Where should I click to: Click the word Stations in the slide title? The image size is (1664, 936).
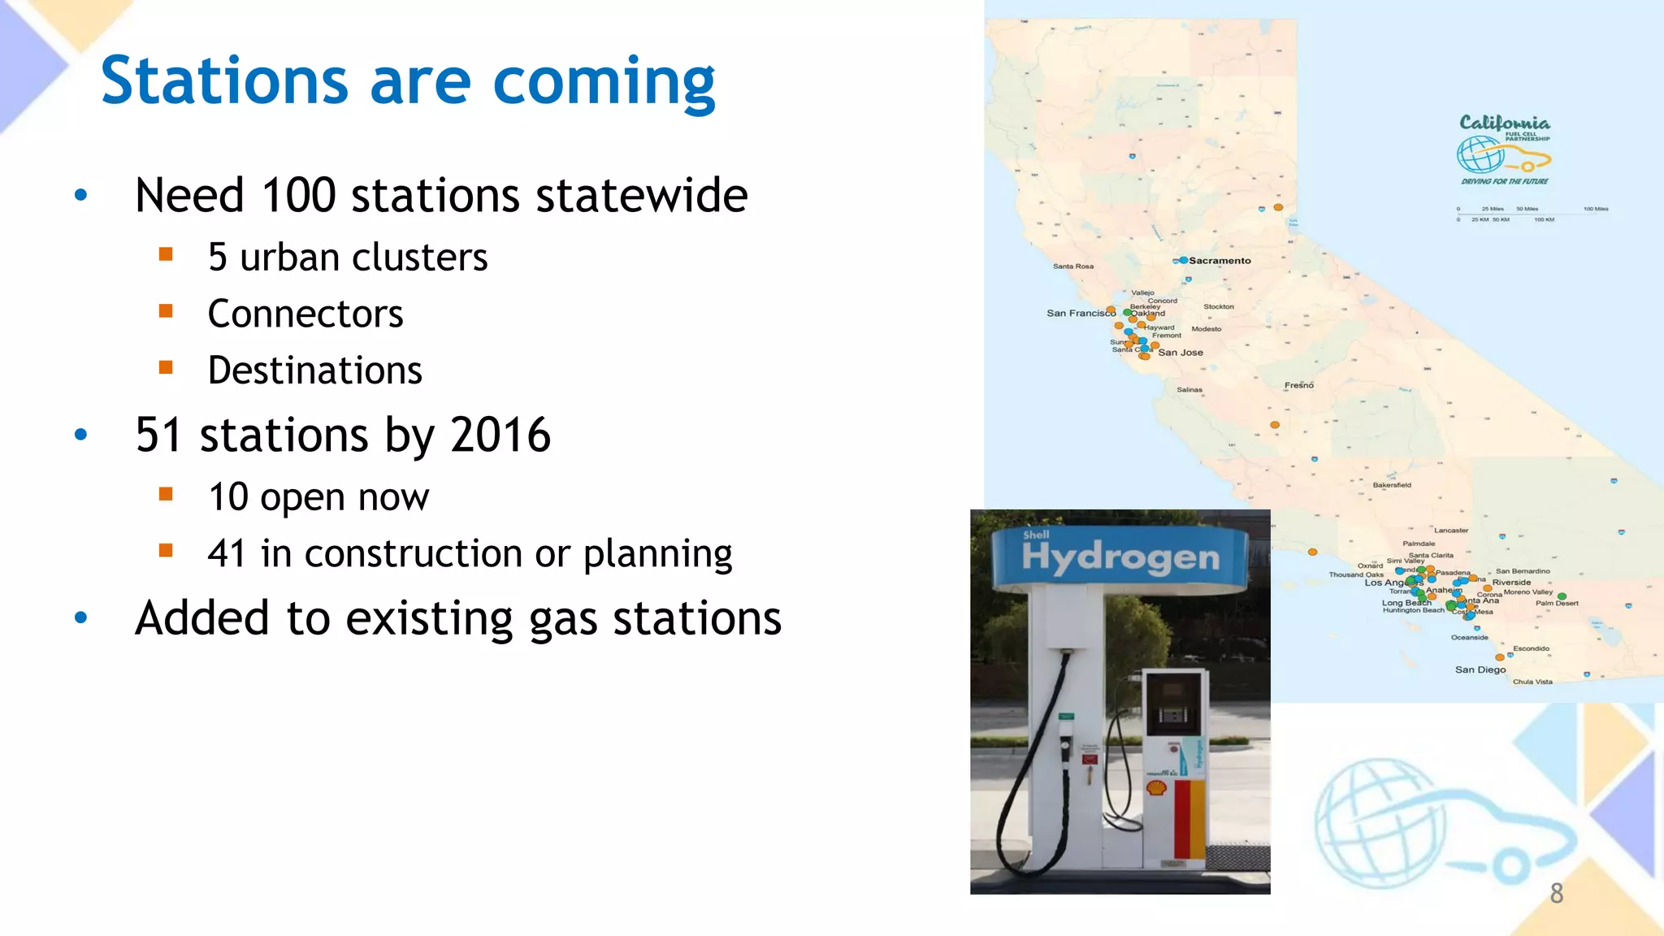tap(224, 81)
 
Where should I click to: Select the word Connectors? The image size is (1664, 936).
tap(305, 314)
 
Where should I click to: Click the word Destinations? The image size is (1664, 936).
tap(314, 371)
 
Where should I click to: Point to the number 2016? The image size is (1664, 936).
tap(500, 435)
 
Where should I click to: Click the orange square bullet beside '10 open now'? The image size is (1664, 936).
tap(167, 494)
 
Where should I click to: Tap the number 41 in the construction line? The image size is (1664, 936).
tap(226, 554)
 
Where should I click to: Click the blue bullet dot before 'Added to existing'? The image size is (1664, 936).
tap(80, 618)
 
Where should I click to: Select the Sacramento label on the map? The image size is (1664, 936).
tap(1219, 261)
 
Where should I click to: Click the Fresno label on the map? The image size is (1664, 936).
tap(1298, 385)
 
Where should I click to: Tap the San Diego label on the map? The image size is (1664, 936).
tap(1480, 670)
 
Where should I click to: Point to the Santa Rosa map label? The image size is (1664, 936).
tap(1072, 266)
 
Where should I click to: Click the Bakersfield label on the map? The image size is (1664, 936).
tap(1391, 485)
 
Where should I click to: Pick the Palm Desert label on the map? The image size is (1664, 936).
tap(1556, 603)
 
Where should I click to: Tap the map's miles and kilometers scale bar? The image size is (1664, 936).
tap(1531, 214)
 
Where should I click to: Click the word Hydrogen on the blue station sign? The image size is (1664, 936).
tap(1120, 557)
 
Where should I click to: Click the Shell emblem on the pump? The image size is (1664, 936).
tap(1156, 787)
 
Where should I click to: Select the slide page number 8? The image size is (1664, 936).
tap(1556, 894)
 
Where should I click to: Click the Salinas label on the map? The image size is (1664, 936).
tap(1189, 390)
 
